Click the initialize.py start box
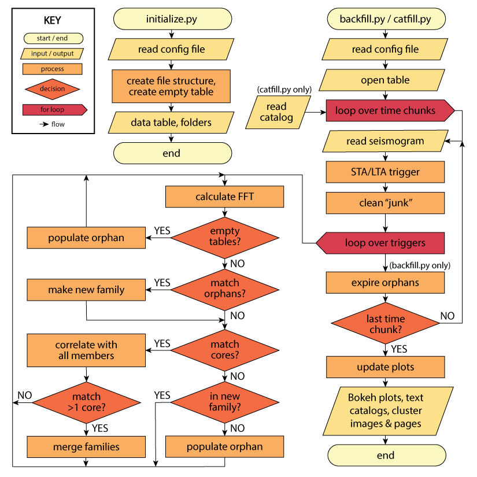click(172, 19)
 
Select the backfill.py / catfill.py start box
click(385, 19)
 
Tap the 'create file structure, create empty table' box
click(171, 86)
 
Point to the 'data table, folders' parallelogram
click(171, 122)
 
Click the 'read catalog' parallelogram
click(276, 112)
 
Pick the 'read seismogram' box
click(385, 141)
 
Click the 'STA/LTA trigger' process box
click(385, 172)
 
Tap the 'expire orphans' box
click(385, 283)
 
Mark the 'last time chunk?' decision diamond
click(385, 324)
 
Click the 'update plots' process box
click(385, 367)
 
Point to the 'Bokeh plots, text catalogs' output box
click(385, 411)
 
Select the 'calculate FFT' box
click(225, 197)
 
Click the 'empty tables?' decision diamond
click(225, 236)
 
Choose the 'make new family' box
click(86, 289)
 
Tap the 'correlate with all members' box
click(86, 350)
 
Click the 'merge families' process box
click(86, 446)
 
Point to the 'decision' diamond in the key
click(52, 89)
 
